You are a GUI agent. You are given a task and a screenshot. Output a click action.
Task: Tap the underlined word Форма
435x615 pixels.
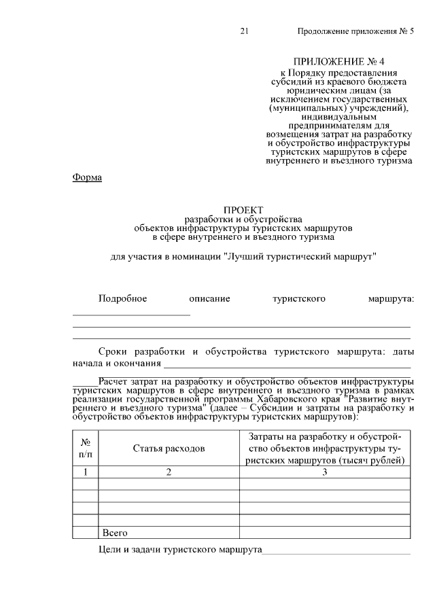87,178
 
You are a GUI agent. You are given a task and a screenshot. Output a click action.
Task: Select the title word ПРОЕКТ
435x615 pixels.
243,210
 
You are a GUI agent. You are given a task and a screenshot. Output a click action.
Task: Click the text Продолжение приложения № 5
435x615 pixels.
355,32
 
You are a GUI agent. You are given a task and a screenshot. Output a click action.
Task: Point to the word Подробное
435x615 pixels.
122,298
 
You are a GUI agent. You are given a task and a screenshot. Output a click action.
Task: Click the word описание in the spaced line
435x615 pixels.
210,298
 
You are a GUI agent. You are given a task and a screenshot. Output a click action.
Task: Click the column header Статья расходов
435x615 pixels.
169,448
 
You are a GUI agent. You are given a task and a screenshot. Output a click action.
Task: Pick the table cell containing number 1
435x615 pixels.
86,472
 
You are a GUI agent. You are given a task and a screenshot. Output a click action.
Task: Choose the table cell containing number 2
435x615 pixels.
169,472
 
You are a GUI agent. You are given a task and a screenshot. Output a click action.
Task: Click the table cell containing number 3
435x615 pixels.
325,472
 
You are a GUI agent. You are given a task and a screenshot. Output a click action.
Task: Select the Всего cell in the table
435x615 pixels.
115,533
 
